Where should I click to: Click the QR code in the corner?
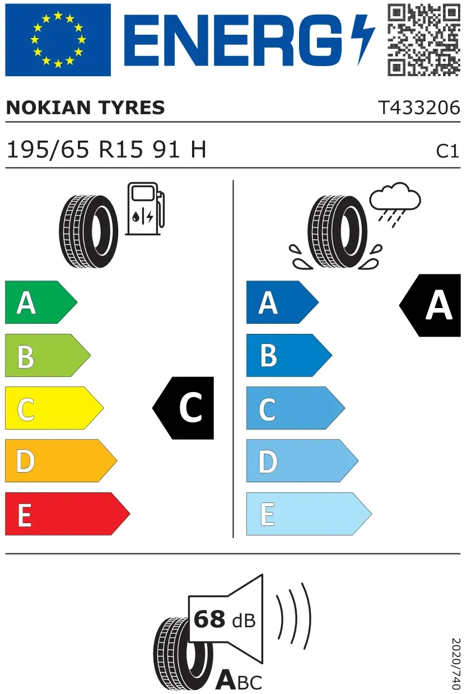[424, 40]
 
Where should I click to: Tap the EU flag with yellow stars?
[58, 40]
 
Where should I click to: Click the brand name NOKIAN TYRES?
[85, 108]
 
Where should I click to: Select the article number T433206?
[419, 108]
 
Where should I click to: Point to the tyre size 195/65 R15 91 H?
[106, 150]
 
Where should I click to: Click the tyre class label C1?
[447, 151]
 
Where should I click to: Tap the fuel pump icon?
[145, 208]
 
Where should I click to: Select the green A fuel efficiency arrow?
[41, 302]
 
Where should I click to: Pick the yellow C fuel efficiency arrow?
[54, 408]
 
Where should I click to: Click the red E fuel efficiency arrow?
[68, 514]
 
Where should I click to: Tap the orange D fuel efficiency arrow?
[61, 460]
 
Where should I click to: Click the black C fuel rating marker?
[183, 408]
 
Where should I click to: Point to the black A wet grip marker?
[430, 305]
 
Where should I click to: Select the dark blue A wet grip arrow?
[282, 302]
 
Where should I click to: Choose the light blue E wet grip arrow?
[309, 514]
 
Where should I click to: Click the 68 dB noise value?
[225, 620]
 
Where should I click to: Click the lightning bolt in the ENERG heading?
[363, 40]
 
